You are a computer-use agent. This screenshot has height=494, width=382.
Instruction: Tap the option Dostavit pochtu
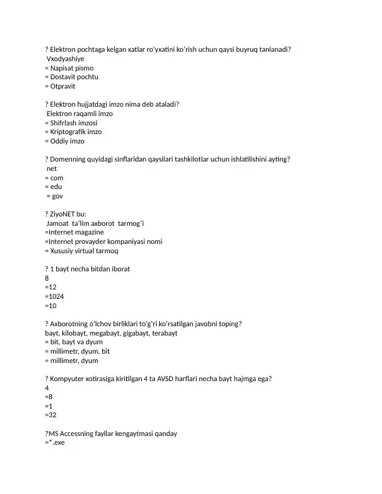pyautogui.click(x=76, y=77)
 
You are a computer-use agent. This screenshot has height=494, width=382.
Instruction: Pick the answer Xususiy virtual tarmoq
pyautogui.click(x=84, y=251)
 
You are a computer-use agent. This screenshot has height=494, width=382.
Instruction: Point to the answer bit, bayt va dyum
pyautogui.click(x=76, y=342)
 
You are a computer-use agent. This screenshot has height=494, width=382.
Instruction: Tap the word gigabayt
pyautogui.click(x=132, y=333)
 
